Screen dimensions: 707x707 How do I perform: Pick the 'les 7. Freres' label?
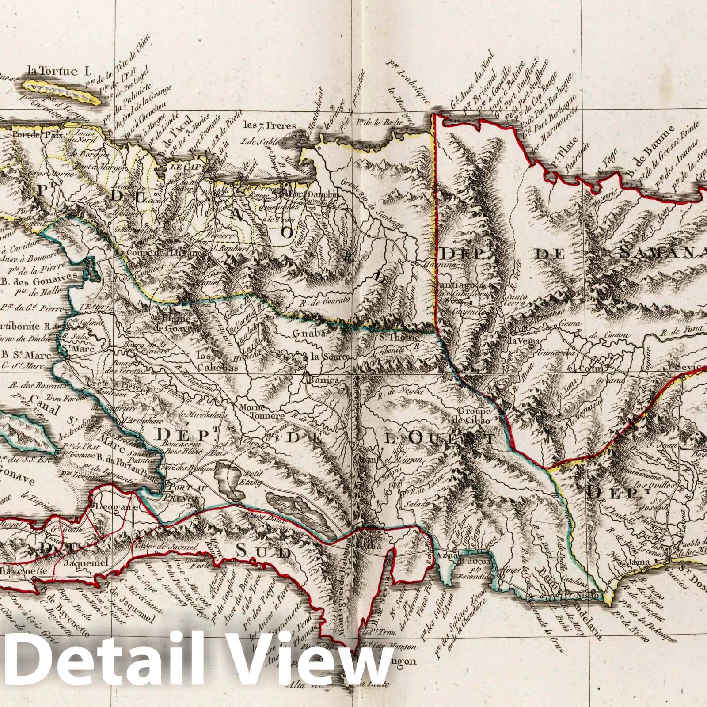[268, 126]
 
